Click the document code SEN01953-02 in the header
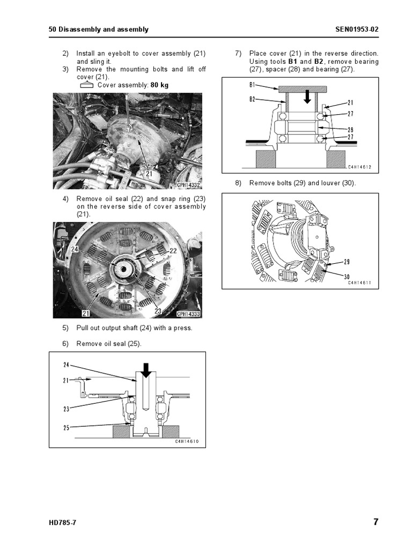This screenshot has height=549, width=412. click(x=351, y=29)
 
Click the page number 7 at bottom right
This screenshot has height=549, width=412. click(x=376, y=522)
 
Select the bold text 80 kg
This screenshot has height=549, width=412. click(x=160, y=85)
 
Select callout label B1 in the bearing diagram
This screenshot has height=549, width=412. click(x=253, y=85)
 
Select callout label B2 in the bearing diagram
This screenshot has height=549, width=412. click(x=253, y=99)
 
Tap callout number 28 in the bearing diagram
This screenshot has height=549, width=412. click(x=350, y=129)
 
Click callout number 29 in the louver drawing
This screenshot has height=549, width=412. click(x=347, y=262)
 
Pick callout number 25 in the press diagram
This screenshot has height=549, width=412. click(x=67, y=427)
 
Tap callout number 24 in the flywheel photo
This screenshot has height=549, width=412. click(x=74, y=248)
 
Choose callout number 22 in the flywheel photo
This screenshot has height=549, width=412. click(x=173, y=251)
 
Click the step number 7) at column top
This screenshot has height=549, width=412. click(x=239, y=54)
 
